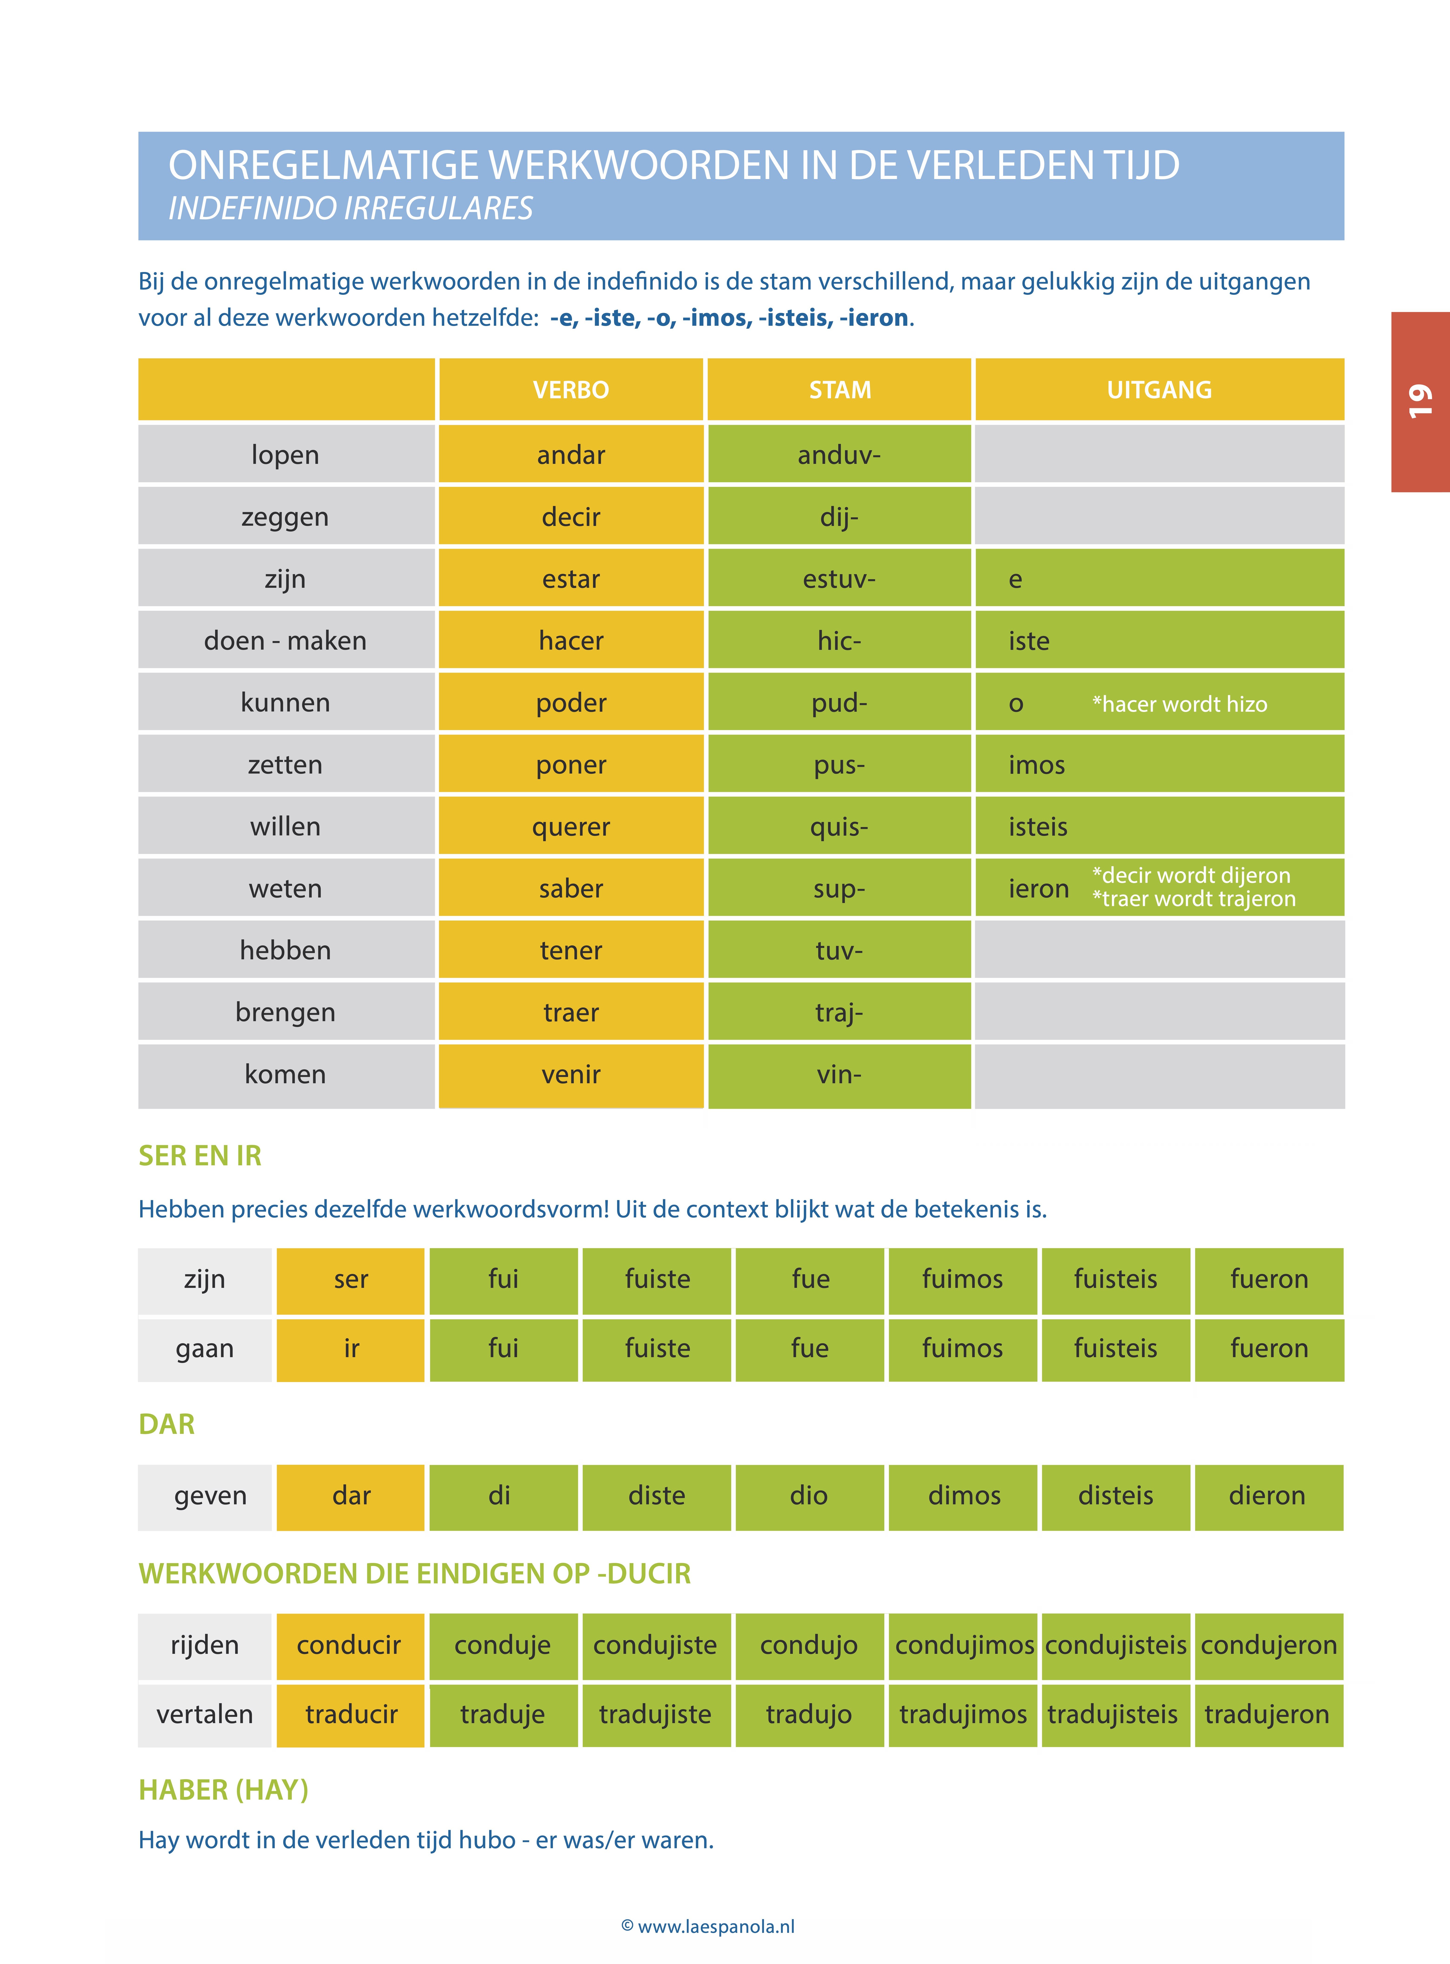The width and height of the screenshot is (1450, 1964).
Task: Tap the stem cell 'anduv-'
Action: [839, 455]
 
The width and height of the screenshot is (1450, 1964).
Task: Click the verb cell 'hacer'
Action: [571, 641]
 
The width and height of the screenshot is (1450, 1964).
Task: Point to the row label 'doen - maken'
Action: [285, 641]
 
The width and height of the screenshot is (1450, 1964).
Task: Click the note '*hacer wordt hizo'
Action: [1180, 704]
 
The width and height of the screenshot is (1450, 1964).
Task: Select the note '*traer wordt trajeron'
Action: [1194, 899]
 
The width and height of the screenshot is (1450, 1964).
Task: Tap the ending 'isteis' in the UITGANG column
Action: [1038, 827]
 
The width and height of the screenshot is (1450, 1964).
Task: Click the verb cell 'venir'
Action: [571, 1074]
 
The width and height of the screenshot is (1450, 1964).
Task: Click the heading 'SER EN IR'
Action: [200, 1156]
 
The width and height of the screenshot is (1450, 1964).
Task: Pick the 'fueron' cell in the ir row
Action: [1269, 1348]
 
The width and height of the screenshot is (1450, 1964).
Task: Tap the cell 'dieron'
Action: [1267, 1495]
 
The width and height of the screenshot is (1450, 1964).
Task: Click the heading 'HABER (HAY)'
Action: [224, 1789]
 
